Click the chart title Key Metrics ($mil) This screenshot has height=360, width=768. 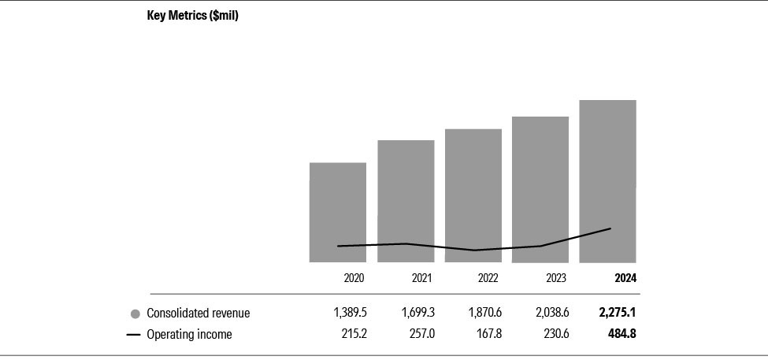pyautogui.click(x=192, y=16)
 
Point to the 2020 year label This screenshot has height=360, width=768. pyautogui.click(x=355, y=278)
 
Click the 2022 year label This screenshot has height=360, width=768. pyautogui.click(x=488, y=278)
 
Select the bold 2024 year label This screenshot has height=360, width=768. pyautogui.click(x=625, y=278)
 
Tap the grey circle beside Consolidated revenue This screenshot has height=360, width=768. pyautogui.click(x=135, y=314)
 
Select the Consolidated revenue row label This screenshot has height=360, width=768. pyautogui.click(x=198, y=314)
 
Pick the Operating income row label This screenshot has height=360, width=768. pyautogui.click(x=189, y=335)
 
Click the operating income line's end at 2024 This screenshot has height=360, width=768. pyautogui.click(x=610, y=228)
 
